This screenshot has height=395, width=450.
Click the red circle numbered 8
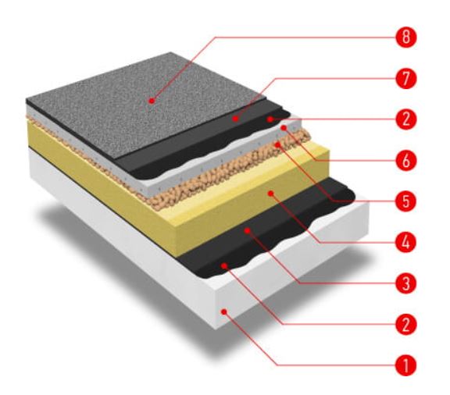(405, 37)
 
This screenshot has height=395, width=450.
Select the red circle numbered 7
(405, 78)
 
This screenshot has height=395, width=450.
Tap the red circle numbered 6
(405, 160)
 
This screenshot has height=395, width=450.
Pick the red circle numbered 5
(405, 201)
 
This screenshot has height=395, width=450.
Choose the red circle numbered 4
(405, 243)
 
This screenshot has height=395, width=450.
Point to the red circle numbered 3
(405, 283)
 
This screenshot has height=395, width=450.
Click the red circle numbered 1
(405, 365)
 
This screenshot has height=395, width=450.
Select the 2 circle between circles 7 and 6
(405, 119)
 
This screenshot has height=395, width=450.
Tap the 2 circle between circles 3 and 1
(405, 325)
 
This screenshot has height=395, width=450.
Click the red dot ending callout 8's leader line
(152, 101)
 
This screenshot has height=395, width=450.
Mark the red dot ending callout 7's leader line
(235, 118)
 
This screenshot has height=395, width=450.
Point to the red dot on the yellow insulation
(270, 194)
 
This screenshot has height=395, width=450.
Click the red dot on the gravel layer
(277, 144)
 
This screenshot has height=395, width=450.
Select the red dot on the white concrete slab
(224, 311)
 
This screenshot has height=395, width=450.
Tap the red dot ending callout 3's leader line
(247, 230)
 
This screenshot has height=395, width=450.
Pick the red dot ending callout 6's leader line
(284, 128)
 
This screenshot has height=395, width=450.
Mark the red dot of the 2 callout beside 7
(270, 119)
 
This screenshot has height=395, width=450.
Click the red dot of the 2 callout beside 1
(224, 266)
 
